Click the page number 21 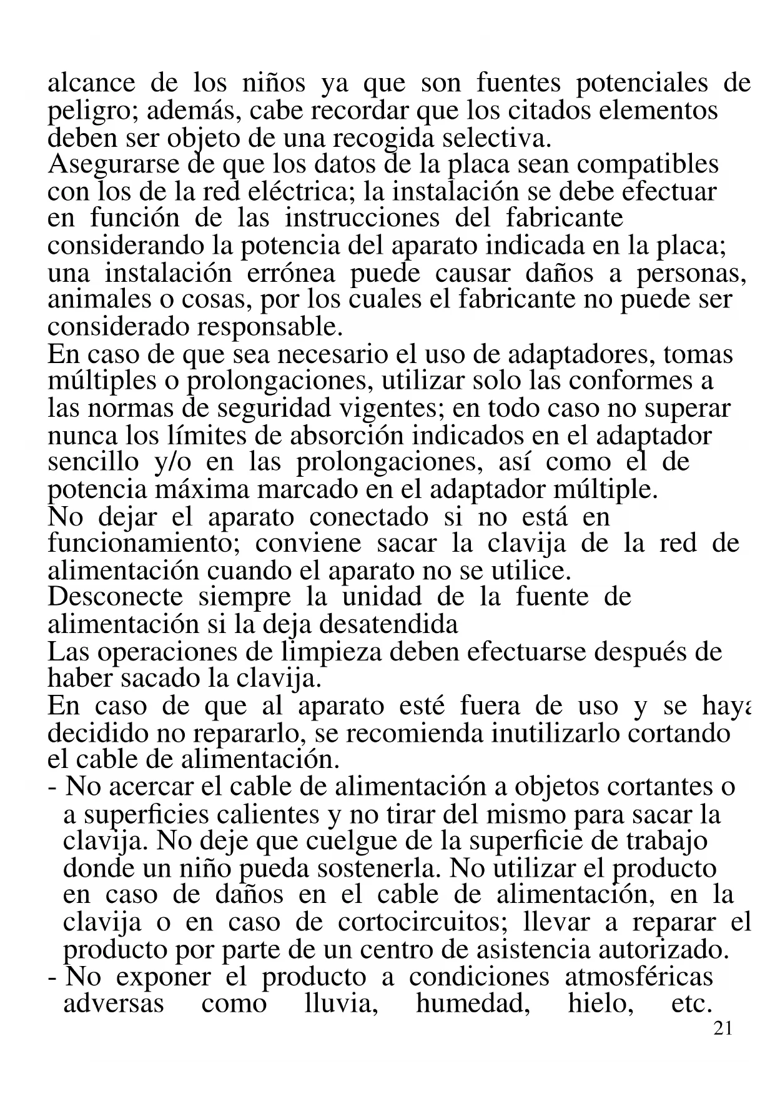coord(722,1029)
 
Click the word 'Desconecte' coord(115,597)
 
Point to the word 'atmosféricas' coord(639,977)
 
